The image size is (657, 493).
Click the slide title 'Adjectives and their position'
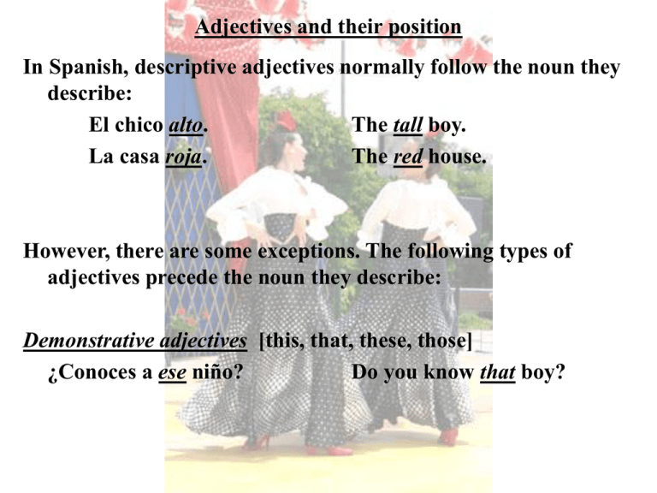328,27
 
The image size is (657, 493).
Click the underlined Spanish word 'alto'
186,125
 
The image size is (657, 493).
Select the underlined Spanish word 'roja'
183,157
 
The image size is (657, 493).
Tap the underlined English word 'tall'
408,125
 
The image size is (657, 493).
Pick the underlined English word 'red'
408,157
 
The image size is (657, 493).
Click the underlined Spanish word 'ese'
172,372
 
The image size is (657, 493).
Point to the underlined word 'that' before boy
497,371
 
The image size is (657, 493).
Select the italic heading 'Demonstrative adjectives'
135,341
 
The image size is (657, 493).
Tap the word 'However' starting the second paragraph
67,251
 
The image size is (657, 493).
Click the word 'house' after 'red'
457,157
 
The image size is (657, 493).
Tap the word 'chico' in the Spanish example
139,125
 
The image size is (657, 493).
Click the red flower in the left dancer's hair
287,121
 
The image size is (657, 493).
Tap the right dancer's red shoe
449,437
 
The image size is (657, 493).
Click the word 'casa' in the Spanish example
139,157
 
